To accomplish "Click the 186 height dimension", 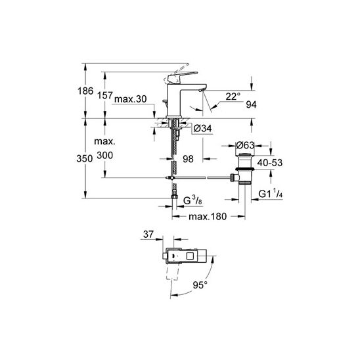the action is coord(85,91).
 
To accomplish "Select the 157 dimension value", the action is coord(105,95).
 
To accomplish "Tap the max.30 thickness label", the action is coord(131,99).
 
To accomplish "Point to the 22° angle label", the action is coord(233,97).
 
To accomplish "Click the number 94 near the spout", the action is coord(251,104).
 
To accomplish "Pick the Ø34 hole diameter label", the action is coord(202,128).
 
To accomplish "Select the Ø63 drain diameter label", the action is coord(245,145).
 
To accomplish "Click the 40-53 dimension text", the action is coord(270,162).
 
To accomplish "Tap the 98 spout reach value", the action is coord(188,159).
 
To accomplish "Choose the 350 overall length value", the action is coord(85,158).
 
